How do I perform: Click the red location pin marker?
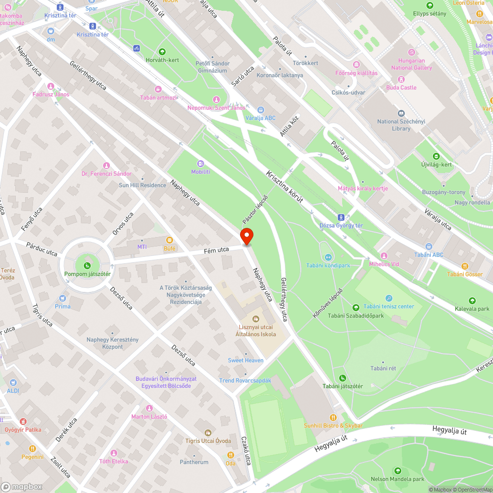tap(246, 236)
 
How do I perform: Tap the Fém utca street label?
tap(217, 250)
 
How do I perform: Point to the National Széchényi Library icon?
tap(401, 113)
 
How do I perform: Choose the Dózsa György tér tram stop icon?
tap(341, 217)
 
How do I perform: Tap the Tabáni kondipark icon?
tap(328, 257)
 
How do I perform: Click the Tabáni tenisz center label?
tap(389, 306)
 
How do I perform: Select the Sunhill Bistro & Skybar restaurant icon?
tap(333, 417)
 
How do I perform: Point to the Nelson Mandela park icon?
tap(397, 471)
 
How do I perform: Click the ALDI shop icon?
tap(12, 382)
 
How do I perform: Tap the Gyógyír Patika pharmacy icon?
tap(23, 422)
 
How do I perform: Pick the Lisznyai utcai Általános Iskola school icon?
tap(256, 319)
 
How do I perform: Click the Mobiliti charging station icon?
tap(201, 163)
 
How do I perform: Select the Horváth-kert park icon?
tap(162, 52)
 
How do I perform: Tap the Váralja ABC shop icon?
tap(261, 109)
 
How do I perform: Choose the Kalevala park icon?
tap(472, 301)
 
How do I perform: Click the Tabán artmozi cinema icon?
tap(158, 89)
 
